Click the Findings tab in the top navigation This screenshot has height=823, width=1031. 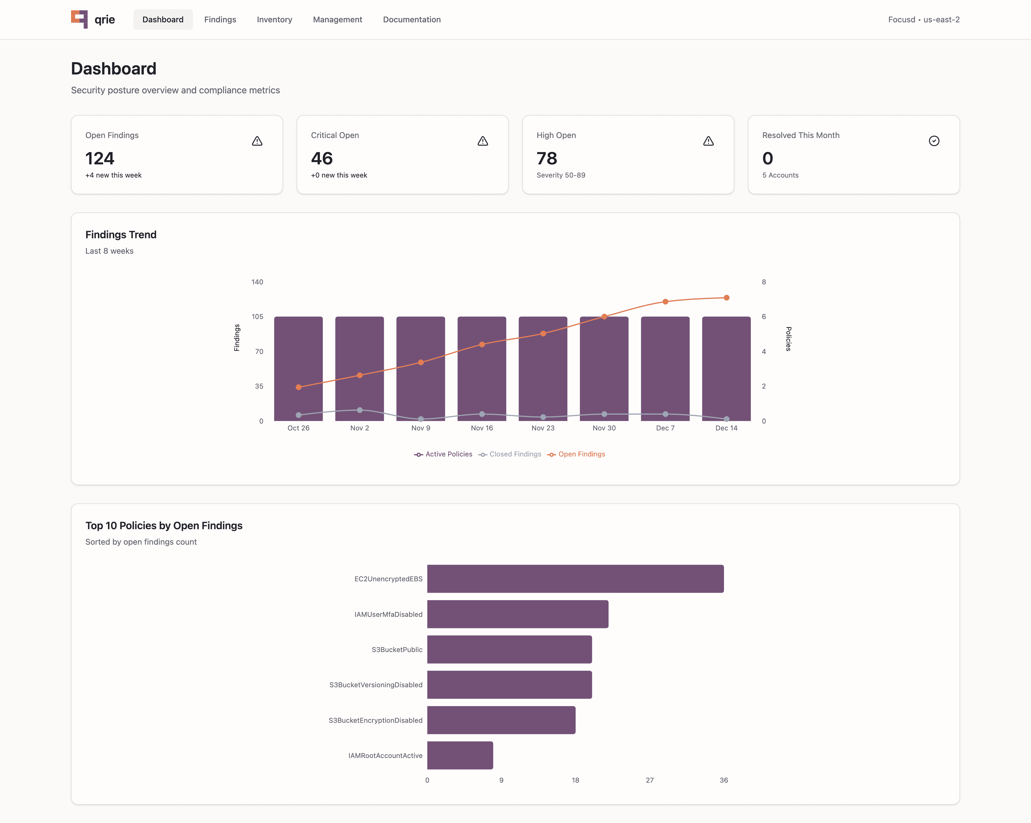pos(220,19)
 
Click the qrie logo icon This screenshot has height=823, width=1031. pos(79,19)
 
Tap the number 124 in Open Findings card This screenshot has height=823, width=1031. pos(100,158)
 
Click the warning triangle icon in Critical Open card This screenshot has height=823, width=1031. pos(483,141)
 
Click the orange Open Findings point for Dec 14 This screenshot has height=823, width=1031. pos(726,298)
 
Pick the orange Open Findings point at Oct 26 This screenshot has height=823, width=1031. pos(298,387)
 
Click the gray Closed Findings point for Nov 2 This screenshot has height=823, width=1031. pos(360,410)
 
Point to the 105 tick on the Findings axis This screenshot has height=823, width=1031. pos(257,317)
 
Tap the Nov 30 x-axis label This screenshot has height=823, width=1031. pos(604,428)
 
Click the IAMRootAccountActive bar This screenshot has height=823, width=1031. pos(460,756)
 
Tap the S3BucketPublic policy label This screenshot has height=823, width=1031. pos(397,649)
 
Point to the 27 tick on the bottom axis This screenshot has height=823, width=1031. pos(650,780)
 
